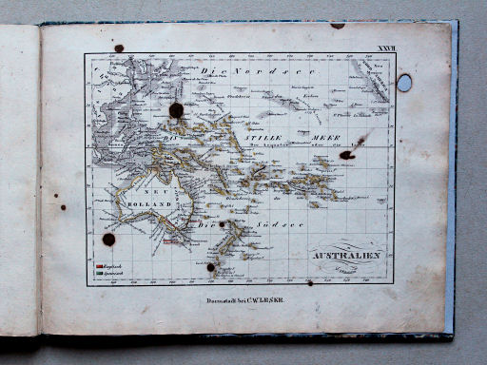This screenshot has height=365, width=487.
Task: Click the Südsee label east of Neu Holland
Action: point(260,225)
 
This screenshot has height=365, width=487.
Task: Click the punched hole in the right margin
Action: point(404,83)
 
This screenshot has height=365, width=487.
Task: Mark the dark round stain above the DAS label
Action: point(176,110)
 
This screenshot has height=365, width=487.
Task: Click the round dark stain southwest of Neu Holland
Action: point(108,240)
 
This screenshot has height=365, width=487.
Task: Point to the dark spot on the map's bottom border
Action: point(211,267)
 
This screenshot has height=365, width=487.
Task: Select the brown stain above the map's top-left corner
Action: point(119,48)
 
